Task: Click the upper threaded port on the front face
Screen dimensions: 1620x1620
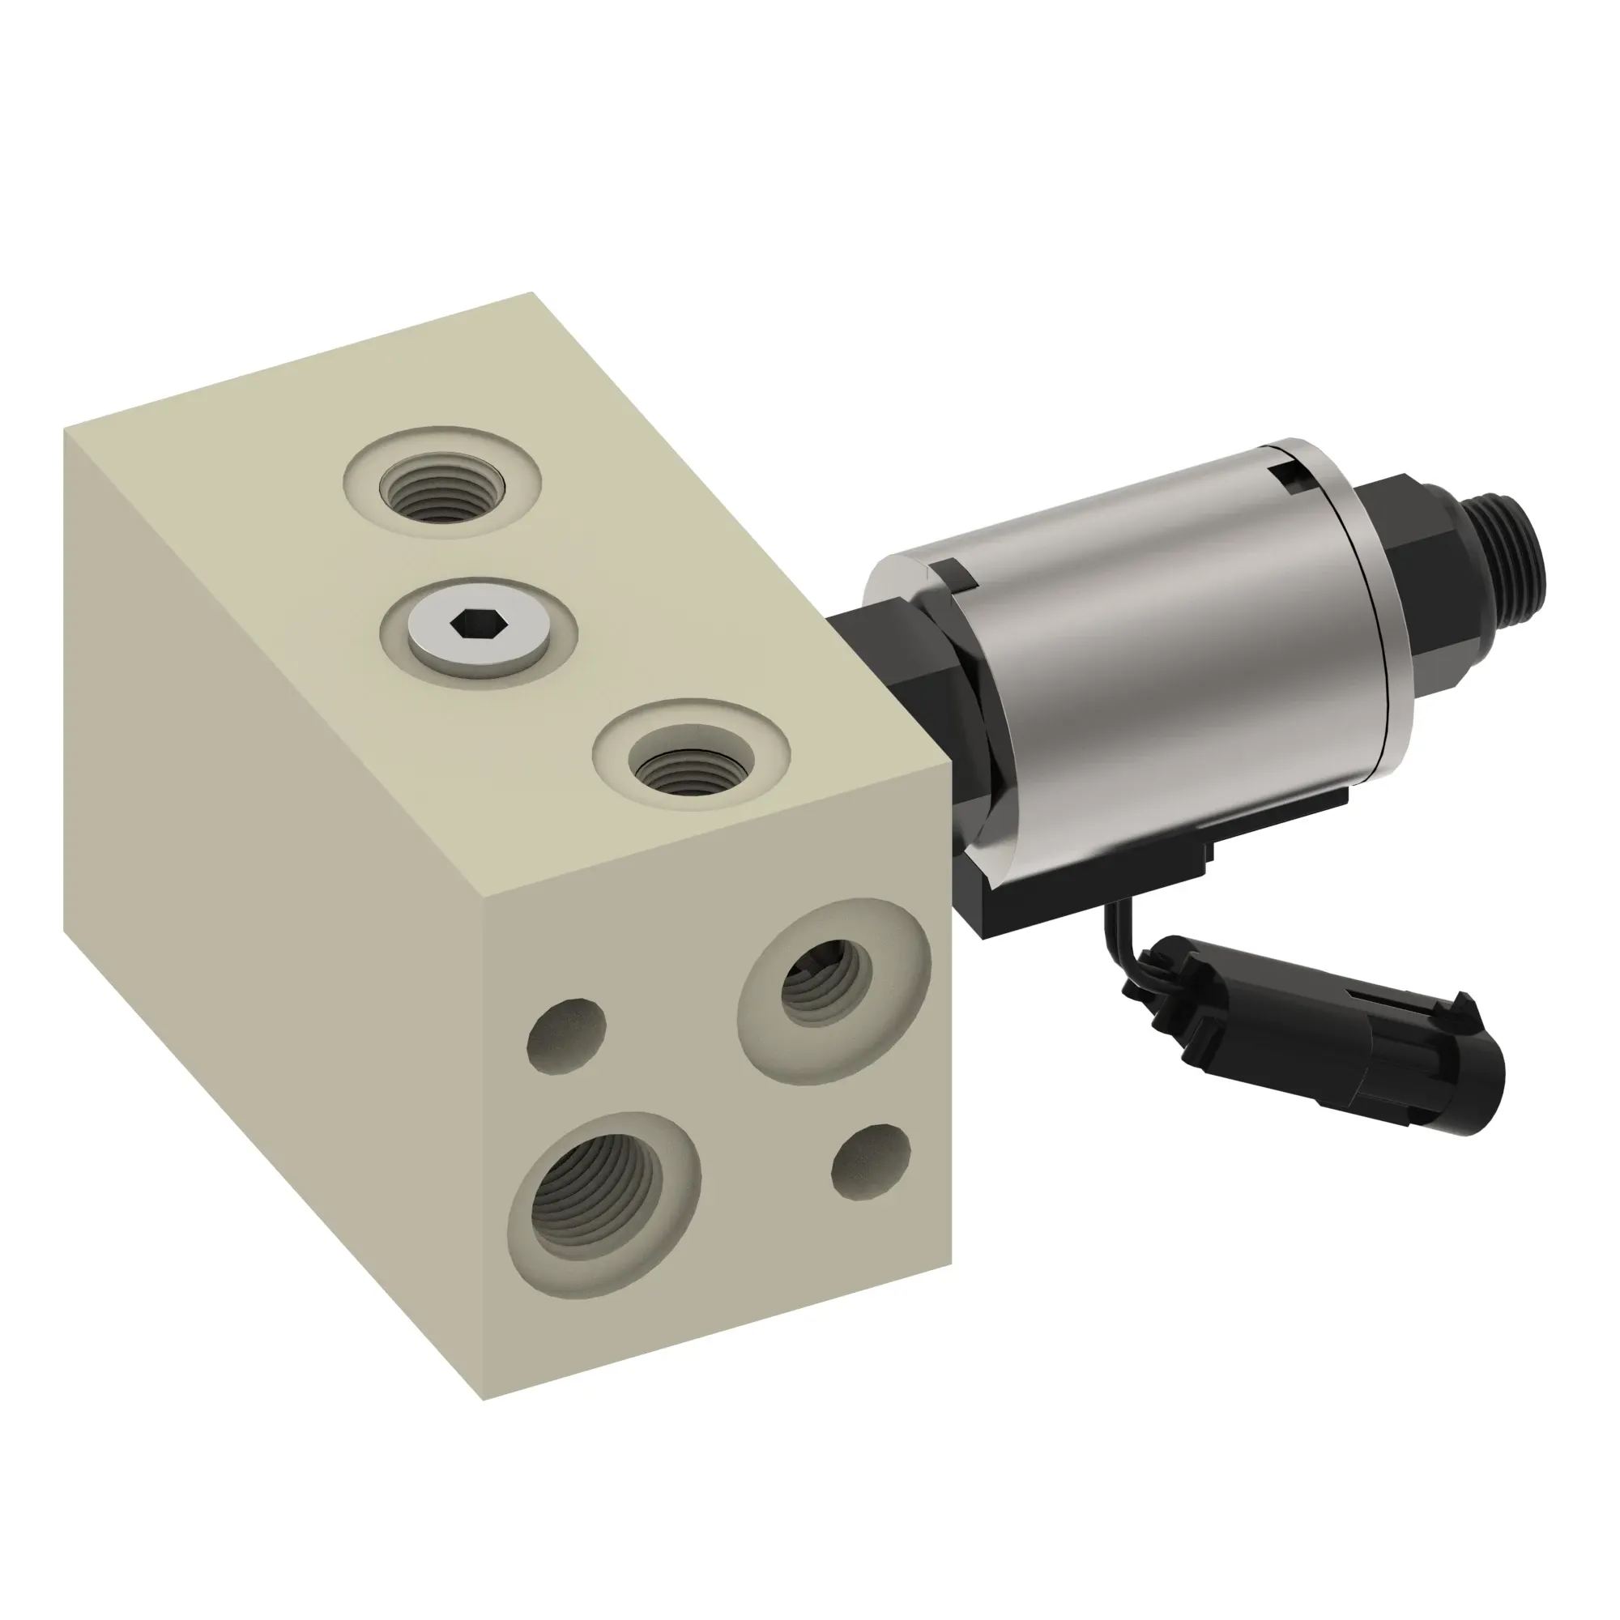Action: point(826,976)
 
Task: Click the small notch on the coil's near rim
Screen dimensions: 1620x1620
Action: point(956,578)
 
